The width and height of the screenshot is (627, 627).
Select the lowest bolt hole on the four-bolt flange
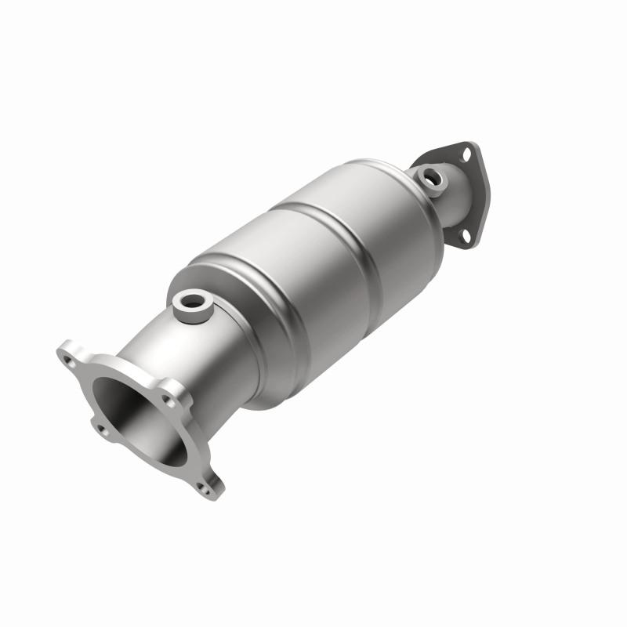[x=205, y=487]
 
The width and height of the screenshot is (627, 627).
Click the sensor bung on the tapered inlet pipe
[x=190, y=301]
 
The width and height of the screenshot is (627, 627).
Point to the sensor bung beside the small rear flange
[x=432, y=178]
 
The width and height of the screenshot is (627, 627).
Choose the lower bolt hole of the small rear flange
[x=463, y=234]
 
